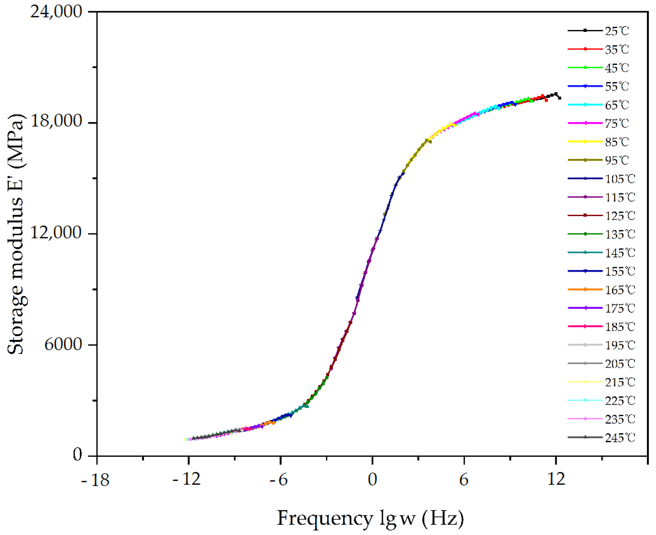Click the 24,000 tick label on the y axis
[x=56, y=12]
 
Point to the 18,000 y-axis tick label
[x=56, y=121]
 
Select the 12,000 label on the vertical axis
[x=56, y=232]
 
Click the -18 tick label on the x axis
[x=95, y=480]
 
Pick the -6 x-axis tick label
[x=278, y=480]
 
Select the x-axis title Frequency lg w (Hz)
[x=370, y=519]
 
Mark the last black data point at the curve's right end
[x=559, y=98]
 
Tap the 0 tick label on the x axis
[x=372, y=480]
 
